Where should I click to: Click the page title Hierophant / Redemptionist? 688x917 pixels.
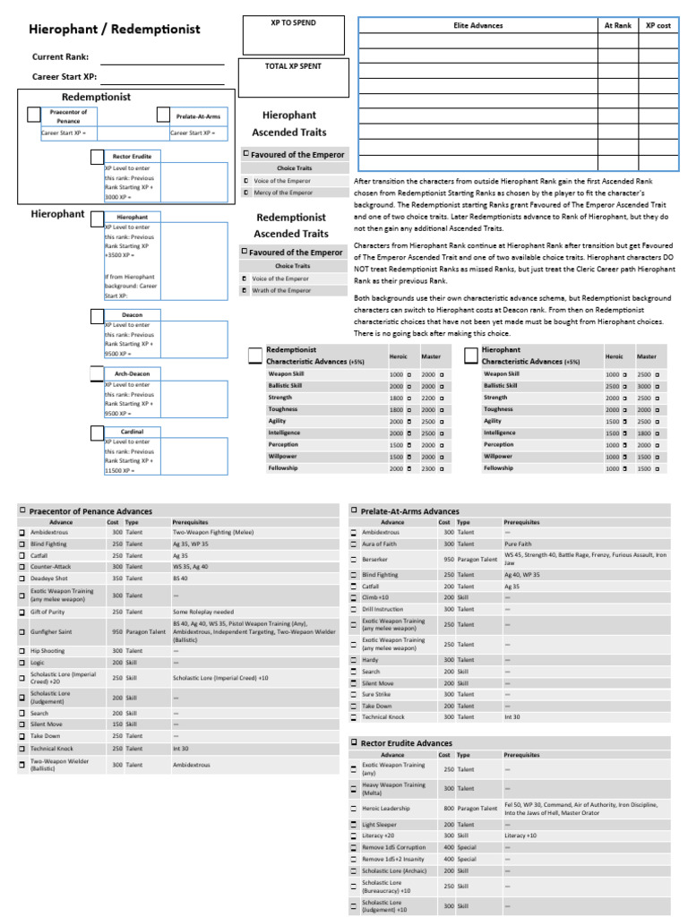116,30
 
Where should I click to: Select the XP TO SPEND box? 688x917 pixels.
292,35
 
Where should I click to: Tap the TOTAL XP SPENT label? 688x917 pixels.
292,66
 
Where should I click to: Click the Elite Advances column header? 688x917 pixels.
477,26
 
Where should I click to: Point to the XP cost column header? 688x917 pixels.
658,26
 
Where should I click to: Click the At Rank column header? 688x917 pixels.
617,26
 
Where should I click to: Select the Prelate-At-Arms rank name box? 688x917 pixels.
198,116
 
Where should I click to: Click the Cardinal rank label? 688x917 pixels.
132,432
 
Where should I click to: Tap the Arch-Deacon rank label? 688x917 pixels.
132,373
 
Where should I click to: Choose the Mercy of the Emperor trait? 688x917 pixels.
282,193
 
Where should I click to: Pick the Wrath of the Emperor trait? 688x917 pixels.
283,290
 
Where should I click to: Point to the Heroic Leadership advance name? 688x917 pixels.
386,808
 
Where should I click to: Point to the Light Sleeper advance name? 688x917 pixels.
381,825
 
